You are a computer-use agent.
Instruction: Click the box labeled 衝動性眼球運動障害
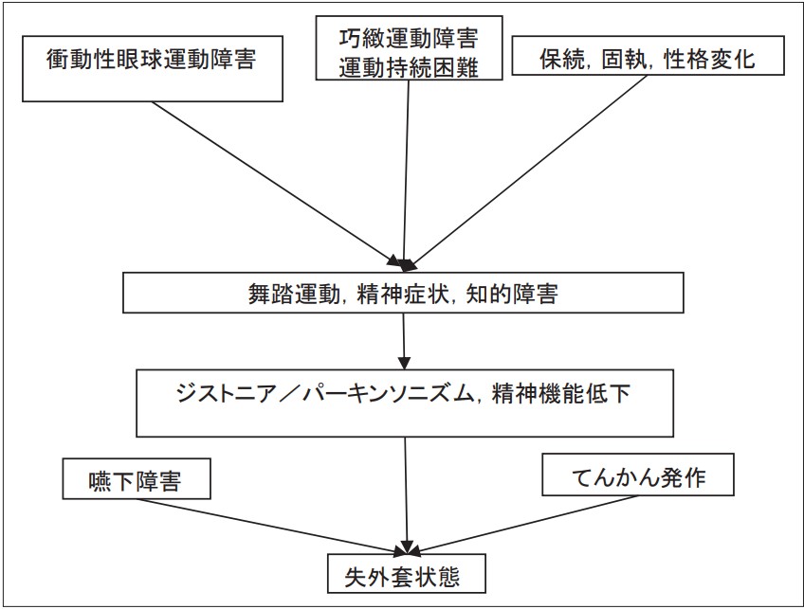[153, 68]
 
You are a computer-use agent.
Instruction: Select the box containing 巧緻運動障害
[409, 47]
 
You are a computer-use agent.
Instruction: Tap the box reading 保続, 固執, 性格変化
[649, 55]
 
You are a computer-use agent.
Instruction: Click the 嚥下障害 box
[137, 478]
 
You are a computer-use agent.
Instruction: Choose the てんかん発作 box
[638, 475]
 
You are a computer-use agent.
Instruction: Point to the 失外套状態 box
[407, 573]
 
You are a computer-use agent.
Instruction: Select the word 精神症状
[401, 294]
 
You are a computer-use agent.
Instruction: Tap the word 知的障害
[512, 294]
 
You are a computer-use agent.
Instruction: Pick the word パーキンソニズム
[387, 394]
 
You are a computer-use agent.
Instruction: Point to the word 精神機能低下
[560, 394]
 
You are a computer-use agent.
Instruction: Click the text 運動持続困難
[409, 67]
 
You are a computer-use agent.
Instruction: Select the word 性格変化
[709, 59]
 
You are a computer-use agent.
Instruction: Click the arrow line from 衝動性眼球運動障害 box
[275, 184]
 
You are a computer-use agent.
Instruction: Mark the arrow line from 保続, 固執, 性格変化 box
[530, 170]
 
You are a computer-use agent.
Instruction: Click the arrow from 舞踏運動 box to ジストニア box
[404, 341]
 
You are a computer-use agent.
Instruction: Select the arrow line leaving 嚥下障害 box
[273, 527]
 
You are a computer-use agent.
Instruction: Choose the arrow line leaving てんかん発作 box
[523, 525]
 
